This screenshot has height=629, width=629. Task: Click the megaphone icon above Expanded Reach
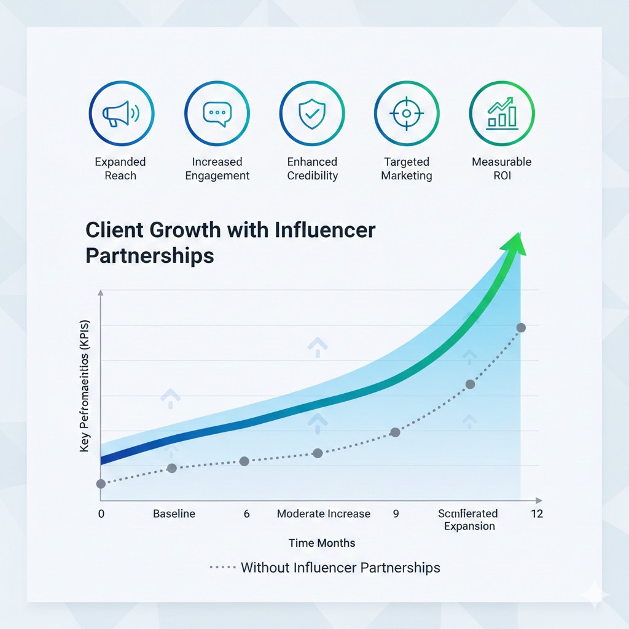121,113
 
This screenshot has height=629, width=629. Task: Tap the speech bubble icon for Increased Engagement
217,113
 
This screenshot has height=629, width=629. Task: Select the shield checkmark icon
312,113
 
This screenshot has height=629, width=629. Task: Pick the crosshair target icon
407,113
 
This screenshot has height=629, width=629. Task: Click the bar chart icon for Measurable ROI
502,113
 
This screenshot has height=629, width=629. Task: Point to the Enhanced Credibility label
312,169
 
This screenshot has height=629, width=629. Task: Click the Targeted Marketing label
407,169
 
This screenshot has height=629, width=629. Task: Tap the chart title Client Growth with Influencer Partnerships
230,242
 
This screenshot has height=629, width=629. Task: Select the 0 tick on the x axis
101,514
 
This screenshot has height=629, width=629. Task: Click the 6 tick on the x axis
246,514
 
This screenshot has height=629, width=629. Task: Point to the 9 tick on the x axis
396,514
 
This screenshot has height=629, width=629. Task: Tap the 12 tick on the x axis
537,514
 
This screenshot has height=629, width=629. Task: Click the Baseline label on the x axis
174,514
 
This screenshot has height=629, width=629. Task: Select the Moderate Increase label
324,514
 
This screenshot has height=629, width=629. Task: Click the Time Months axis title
322,543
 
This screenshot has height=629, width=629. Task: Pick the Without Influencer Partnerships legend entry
340,567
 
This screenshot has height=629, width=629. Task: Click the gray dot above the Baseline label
172,468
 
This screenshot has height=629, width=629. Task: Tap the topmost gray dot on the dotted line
521,327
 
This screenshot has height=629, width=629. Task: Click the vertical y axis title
85,387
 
